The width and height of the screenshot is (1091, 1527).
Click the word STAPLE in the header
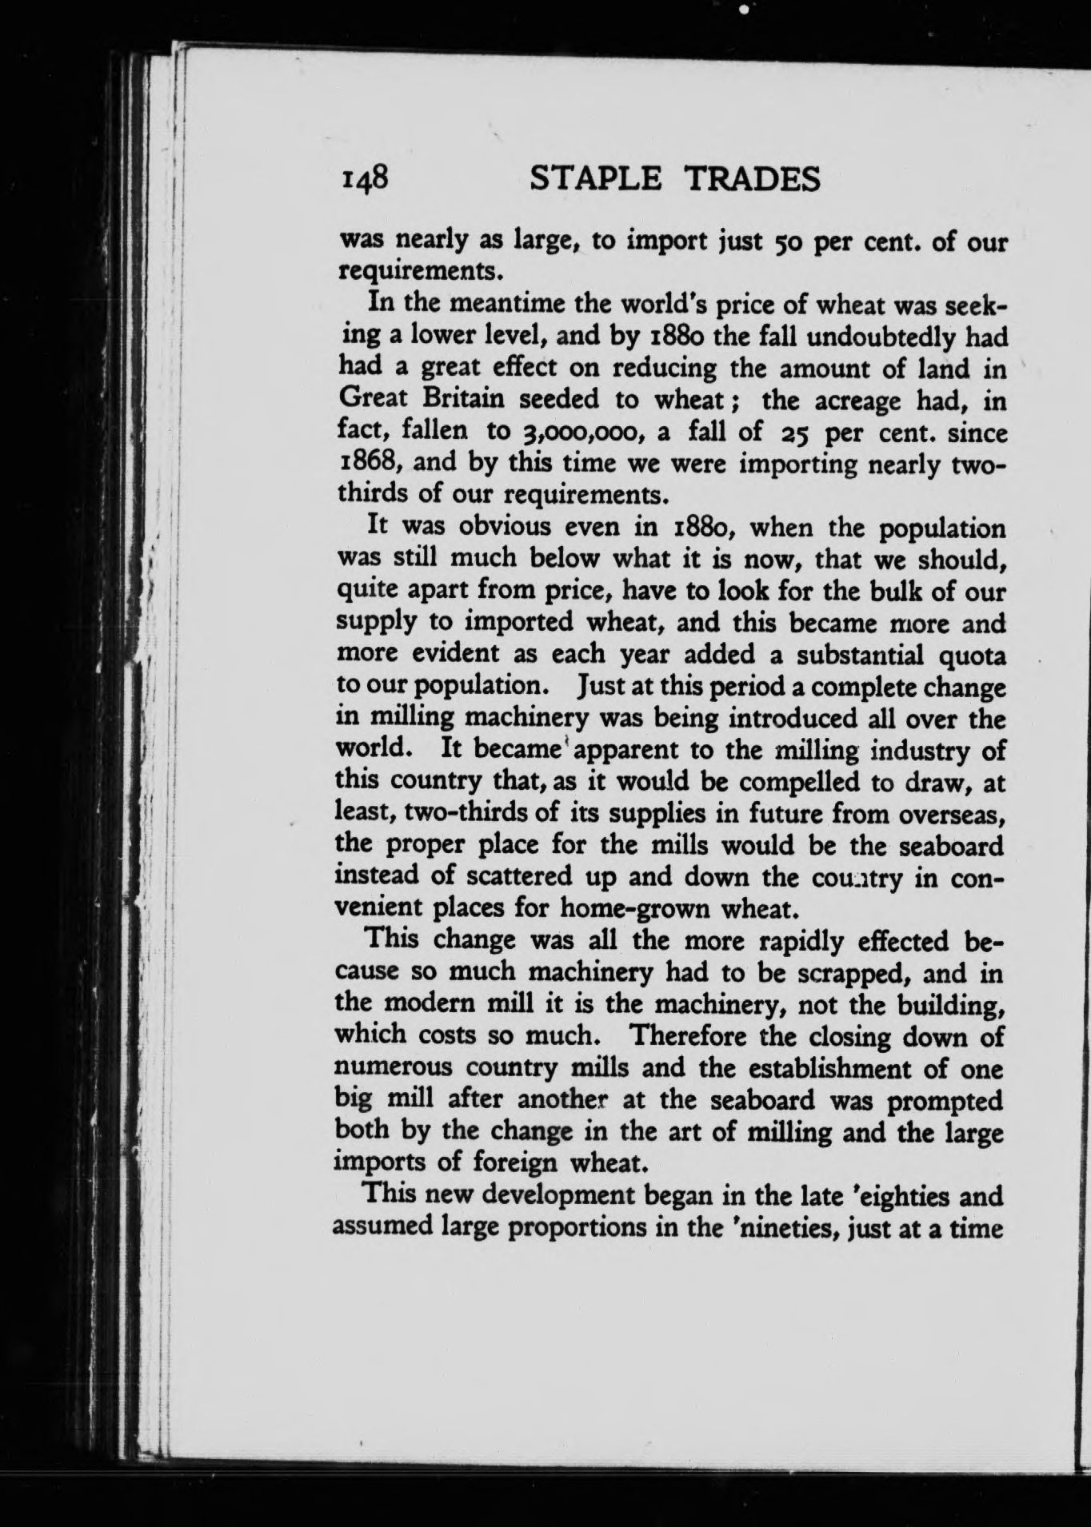(596, 179)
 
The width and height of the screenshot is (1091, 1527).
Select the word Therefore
(689, 1036)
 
